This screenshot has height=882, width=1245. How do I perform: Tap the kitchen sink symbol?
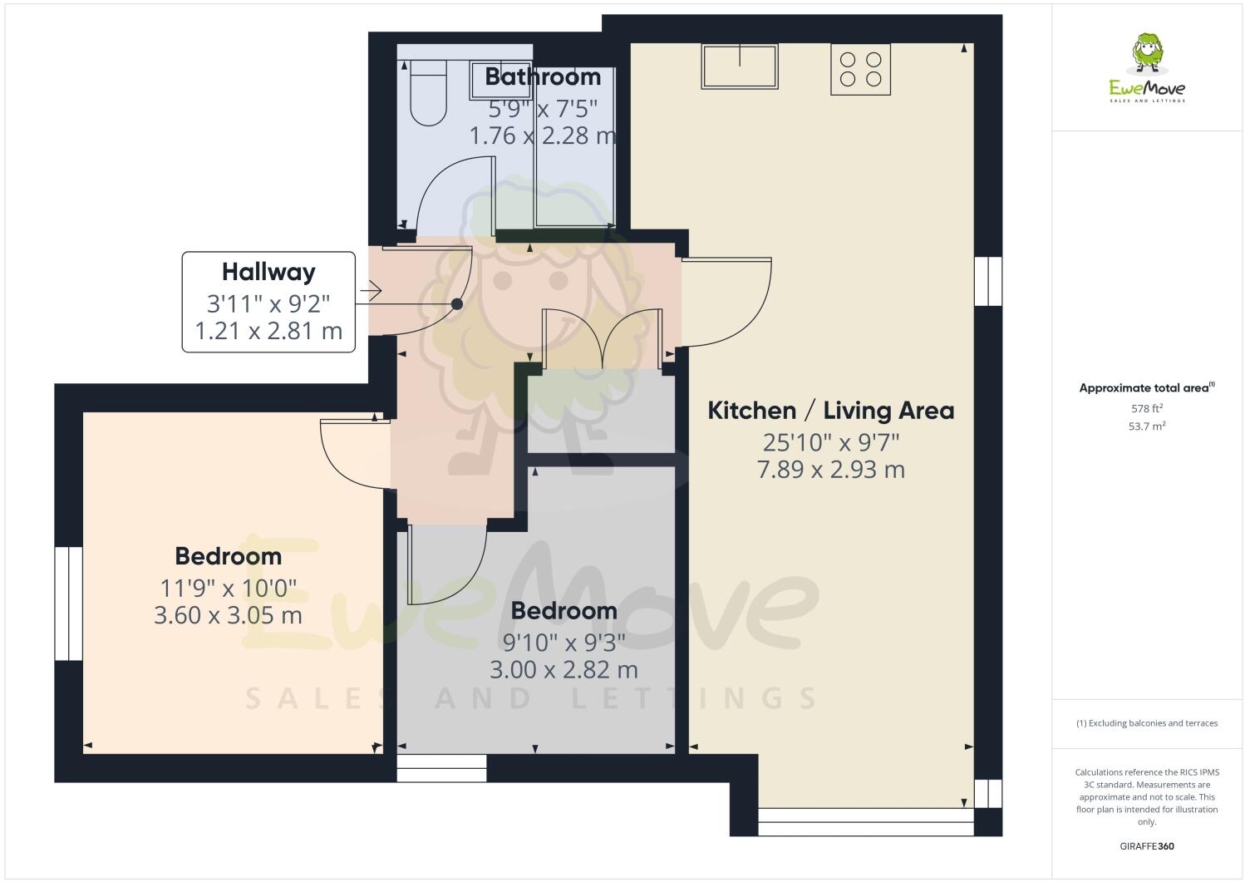coord(740,67)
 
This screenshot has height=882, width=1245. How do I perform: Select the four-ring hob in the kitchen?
coord(860,69)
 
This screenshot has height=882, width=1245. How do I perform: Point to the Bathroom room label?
coord(542,76)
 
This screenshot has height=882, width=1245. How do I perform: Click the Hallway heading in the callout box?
coord(268,272)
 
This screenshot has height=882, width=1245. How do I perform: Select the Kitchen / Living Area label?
coord(830,410)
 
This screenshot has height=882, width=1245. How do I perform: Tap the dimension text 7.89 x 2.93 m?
coord(830,470)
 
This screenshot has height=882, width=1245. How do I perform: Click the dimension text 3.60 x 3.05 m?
coord(228,615)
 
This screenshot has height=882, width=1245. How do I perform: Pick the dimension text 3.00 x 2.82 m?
coord(563,669)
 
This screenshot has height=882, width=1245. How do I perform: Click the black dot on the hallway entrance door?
coord(456,304)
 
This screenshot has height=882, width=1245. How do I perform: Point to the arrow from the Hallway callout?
coord(370,291)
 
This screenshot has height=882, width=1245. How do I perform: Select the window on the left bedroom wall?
coord(68,603)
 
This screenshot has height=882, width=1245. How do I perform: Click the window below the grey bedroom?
coord(441,768)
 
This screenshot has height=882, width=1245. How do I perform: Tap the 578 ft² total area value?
coord(1146,408)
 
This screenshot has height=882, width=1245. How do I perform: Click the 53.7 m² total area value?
coord(1146,426)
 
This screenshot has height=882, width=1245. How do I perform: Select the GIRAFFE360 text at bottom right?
coord(1146,847)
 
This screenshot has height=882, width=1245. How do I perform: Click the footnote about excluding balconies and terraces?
coord(1146,723)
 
